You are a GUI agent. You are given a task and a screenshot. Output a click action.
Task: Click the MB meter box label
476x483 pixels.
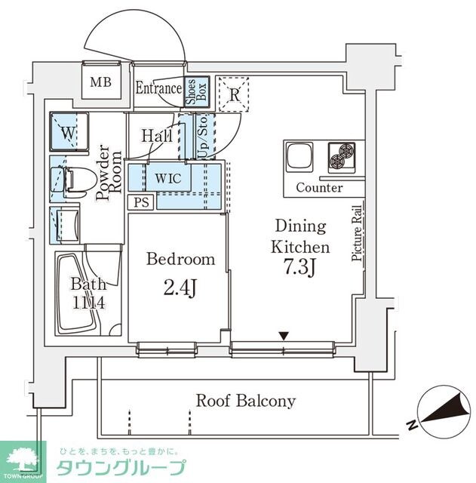tap(100, 82)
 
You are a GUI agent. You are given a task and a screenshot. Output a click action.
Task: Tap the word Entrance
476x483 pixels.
tap(158, 88)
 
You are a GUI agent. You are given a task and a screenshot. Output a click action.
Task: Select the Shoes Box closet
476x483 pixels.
tap(192, 94)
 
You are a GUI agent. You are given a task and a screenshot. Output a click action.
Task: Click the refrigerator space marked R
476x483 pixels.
tap(234, 95)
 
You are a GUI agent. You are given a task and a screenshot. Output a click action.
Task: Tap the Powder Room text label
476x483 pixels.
tap(107, 173)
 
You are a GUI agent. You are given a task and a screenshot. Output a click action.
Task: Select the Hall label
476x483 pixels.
tap(157, 136)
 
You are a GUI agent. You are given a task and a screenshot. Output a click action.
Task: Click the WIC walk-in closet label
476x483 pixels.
tap(167, 178)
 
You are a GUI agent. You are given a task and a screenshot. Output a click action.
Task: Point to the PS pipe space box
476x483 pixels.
tap(140, 202)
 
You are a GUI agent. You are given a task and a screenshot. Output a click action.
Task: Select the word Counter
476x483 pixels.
tap(318, 187)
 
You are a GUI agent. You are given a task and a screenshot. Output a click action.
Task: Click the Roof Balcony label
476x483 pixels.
tap(245, 401)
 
